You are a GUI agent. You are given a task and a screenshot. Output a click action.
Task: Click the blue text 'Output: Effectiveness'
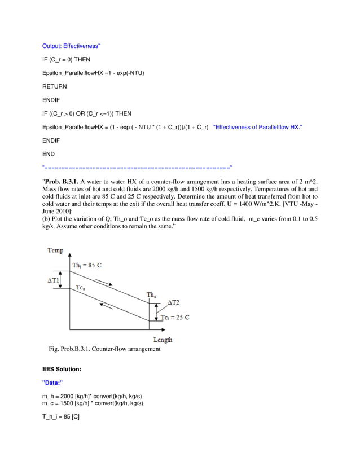71,46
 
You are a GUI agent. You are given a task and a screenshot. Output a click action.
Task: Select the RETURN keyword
55,86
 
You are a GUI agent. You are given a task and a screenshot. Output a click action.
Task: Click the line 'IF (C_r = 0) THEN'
66,59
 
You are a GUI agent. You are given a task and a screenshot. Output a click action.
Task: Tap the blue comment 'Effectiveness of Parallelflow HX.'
258,128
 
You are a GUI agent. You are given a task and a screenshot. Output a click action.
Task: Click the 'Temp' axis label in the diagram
56,250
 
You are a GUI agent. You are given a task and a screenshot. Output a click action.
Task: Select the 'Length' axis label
163,340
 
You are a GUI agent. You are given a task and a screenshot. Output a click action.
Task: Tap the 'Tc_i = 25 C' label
174,318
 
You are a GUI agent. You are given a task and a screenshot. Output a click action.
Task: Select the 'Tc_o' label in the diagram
81,288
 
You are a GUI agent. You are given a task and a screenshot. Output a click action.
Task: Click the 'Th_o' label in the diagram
151,295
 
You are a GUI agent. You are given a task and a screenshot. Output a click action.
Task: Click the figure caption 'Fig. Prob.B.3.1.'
104,349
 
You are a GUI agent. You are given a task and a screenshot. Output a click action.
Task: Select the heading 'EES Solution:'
62,369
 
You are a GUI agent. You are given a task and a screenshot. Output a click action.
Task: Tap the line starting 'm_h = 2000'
93,396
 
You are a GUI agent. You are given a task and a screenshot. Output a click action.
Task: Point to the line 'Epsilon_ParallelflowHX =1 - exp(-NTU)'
93,73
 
